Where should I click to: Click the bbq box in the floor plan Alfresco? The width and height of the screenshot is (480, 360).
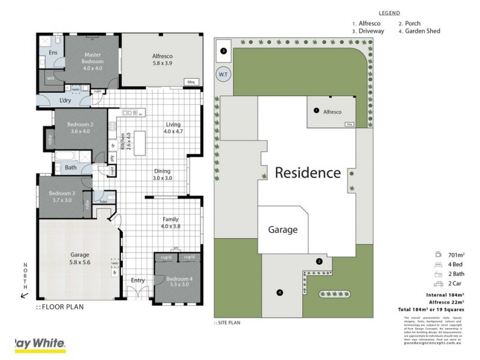[x=192, y=82]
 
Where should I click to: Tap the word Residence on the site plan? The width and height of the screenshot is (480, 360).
[x=308, y=173]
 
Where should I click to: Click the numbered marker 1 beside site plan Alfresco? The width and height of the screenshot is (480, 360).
[x=316, y=110]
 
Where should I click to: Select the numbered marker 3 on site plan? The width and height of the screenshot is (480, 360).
[x=223, y=51]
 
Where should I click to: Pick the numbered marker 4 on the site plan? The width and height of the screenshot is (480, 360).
[x=279, y=292]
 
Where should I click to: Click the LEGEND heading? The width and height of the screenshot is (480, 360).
[x=389, y=13]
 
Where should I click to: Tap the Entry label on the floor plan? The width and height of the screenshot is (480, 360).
[x=138, y=280]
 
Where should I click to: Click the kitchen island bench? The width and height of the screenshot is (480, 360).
[x=139, y=142]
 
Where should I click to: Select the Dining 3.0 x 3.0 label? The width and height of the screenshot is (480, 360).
[x=162, y=174]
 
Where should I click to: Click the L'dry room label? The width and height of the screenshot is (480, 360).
[x=66, y=100]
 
